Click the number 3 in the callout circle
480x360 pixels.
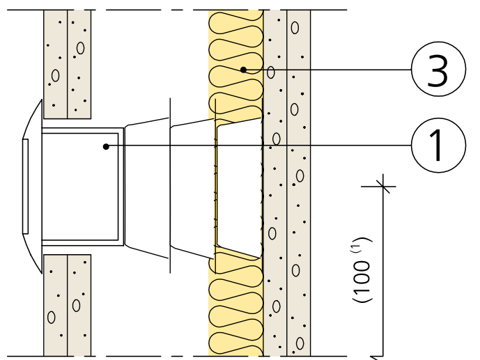click(x=437, y=70)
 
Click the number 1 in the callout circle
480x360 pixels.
click(x=437, y=146)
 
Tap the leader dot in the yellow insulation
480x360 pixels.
click(x=242, y=69)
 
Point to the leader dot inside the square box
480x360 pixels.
click(x=105, y=146)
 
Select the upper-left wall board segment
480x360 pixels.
click(x=67, y=63)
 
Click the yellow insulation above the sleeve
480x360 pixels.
click(x=235, y=42)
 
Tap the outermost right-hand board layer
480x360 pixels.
click(x=299, y=209)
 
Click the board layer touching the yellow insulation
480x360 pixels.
click(x=274, y=209)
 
